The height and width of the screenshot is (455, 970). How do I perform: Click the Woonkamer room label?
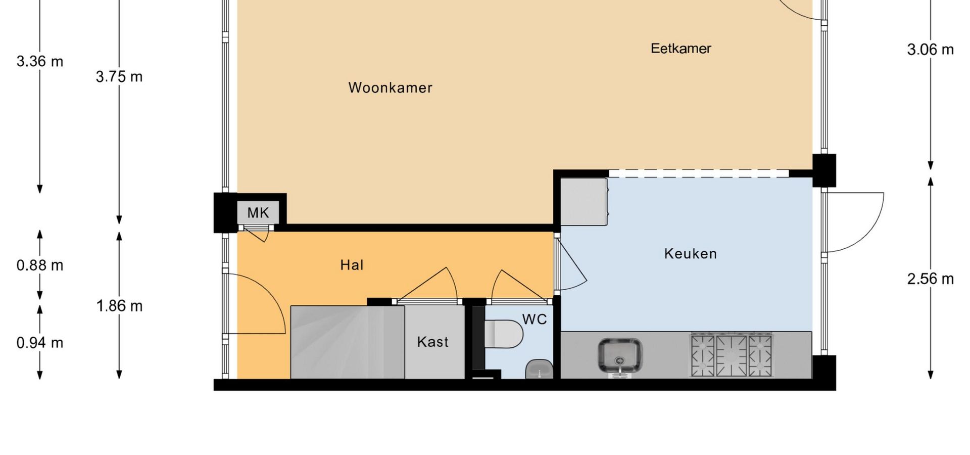tap(390, 87)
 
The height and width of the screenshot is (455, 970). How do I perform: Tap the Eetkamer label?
tap(681, 49)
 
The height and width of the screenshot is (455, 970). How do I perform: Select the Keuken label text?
tap(690, 253)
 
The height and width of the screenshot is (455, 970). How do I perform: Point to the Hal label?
tap(352, 265)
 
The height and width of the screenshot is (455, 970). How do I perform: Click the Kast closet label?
tap(433, 342)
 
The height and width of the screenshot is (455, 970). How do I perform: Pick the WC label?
tap(535, 319)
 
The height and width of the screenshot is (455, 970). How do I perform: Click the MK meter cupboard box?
tap(258, 213)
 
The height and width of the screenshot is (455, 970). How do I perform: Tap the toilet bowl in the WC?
tap(504, 334)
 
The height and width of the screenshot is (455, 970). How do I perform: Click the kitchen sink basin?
tap(620, 356)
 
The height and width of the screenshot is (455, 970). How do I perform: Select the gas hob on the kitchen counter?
tap(732, 355)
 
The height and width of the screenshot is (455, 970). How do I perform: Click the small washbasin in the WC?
tap(540, 369)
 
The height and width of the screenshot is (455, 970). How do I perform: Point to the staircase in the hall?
tap(347, 342)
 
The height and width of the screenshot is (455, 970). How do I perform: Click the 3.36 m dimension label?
tap(40, 62)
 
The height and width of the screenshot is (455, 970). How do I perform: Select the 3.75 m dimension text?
tap(119, 77)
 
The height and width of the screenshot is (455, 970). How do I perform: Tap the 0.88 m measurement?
tap(40, 265)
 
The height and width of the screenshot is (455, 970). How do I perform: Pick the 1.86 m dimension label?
tap(119, 306)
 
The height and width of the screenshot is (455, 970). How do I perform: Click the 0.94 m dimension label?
tap(40, 343)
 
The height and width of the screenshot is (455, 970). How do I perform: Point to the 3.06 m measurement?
tap(931, 50)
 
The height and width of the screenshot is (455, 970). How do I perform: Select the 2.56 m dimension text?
tap(931, 279)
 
